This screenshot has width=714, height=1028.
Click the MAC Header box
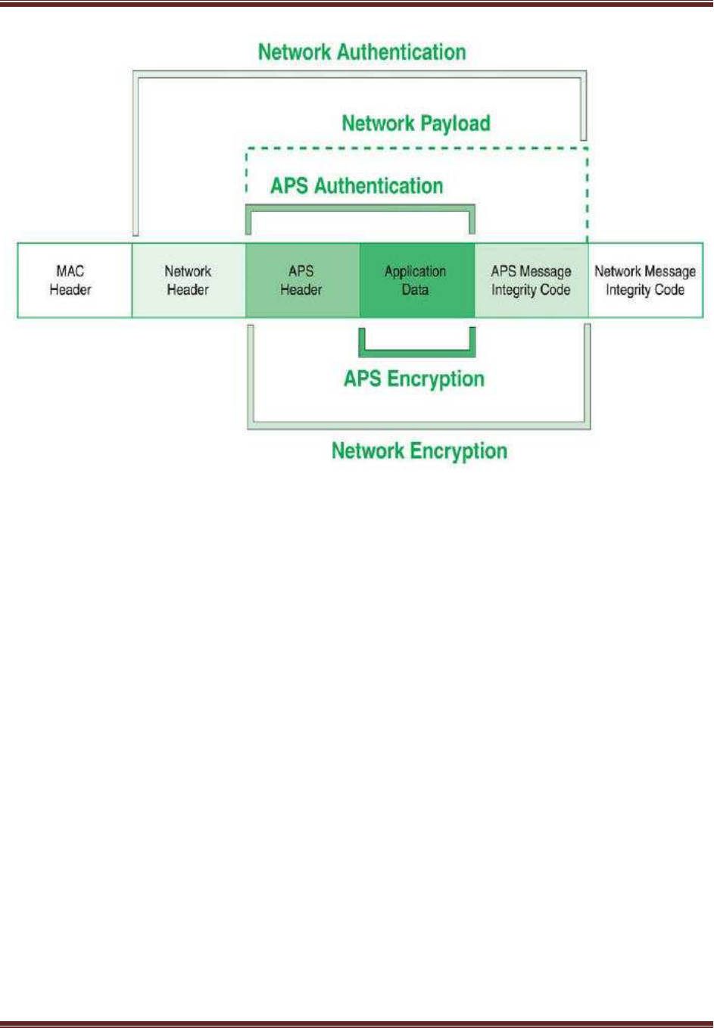(74, 280)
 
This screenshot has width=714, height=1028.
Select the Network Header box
(189, 280)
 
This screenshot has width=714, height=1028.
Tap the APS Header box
(303, 280)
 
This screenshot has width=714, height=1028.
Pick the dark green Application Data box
(417, 280)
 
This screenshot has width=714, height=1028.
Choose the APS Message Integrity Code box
(532, 280)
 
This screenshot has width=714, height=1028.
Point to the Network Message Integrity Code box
(646, 280)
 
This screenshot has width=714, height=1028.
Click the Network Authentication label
(362, 52)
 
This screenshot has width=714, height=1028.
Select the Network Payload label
(416, 124)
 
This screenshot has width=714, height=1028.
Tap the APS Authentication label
(357, 186)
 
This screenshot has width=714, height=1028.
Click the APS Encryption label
(414, 379)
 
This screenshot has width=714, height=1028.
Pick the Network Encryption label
(419, 451)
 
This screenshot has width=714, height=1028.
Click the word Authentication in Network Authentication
(401, 52)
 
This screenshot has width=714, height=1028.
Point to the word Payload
(456, 124)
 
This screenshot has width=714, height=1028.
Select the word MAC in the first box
(70, 271)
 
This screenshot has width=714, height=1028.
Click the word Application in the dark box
(415, 273)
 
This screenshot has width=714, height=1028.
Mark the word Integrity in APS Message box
(510, 291)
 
